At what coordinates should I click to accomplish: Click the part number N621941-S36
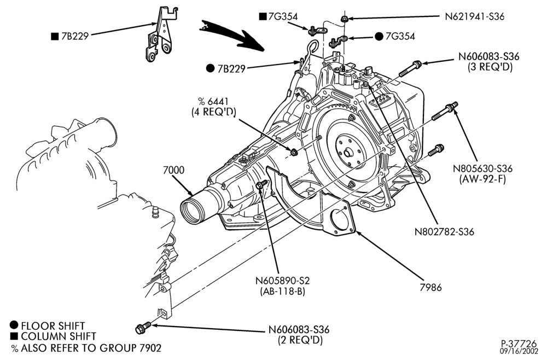tap(474, 16)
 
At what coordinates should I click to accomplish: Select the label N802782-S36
tap(444, 231)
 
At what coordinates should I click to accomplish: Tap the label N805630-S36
tap(482, 168)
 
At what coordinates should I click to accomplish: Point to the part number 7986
tap(431, 287)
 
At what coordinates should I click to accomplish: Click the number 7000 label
tap(174, 170)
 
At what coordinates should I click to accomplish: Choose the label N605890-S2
tap(283, 281)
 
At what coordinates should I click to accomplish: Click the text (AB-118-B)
tap(283, 291)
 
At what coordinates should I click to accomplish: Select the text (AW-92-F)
tap(482, 179)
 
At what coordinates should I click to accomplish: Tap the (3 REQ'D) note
tap(490, 67)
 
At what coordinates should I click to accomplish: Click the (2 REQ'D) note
tap(300, 340)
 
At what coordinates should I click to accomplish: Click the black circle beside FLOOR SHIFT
tap(14, 325)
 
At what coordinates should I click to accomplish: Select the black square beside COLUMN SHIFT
tap(14, 336)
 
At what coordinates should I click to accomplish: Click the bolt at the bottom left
tap(143, 327)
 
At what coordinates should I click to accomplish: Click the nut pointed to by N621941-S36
tap(344, 19)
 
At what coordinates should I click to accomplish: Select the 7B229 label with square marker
tap(70, 36)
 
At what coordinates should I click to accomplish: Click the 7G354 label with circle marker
tap(395, 36)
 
